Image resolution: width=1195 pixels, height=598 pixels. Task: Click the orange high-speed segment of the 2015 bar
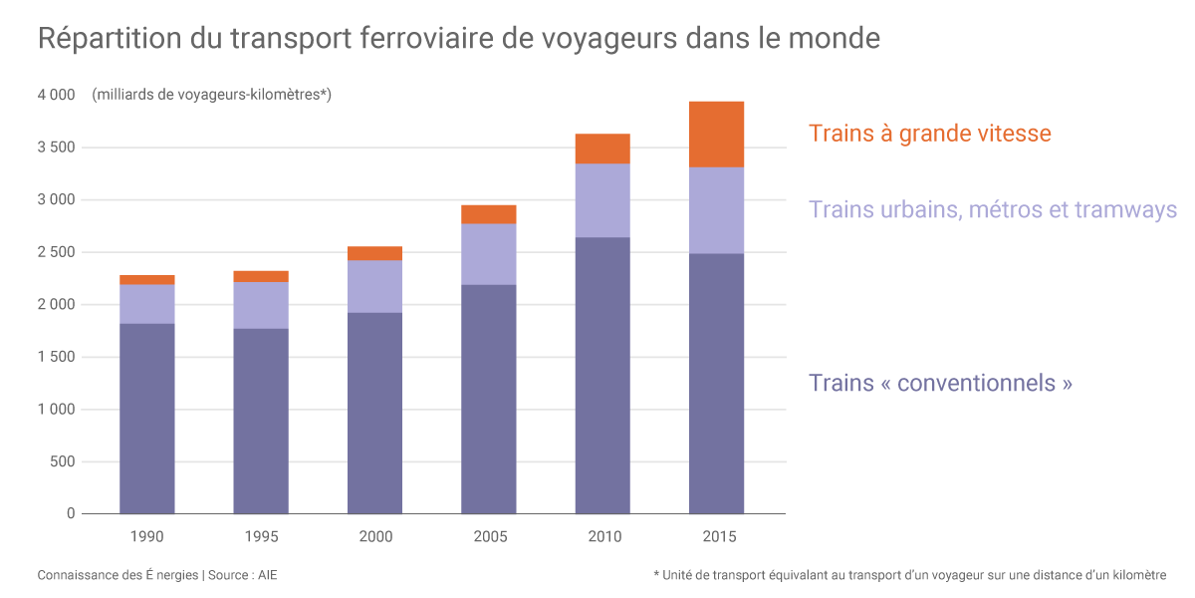coord(716,135)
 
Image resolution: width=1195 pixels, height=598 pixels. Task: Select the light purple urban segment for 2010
coord(602,200)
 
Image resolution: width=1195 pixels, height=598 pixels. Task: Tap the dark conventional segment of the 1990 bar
coord(146,419)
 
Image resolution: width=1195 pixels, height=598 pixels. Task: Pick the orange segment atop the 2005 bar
coord(488,214)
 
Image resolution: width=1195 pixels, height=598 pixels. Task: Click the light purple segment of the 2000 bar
coord(374,287)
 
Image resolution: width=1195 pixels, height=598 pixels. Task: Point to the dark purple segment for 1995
coord(261,421)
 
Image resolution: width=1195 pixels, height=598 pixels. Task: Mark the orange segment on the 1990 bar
coord(146,280)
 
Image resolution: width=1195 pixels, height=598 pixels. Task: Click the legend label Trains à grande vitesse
coord(929,134)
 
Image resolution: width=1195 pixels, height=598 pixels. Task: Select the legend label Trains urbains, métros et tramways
coord(992,210)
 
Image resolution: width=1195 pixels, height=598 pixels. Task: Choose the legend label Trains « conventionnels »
coord(940,383)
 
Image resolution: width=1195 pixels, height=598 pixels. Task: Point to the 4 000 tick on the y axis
coord(56,96)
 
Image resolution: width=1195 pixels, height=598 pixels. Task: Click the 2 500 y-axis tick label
coord(56,252)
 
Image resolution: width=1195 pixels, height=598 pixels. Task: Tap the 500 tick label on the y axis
coord(63,461)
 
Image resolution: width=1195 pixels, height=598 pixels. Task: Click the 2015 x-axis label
coord(717,537)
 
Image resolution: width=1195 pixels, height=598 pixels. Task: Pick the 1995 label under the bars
coord(261,537)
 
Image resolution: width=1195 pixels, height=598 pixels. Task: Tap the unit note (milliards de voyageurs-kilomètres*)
coord(211,96)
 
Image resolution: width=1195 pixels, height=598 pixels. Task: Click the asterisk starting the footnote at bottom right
coord(657,574)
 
